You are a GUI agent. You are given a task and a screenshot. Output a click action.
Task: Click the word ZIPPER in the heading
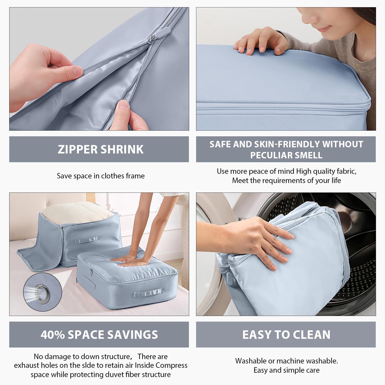click(x=77, y=149)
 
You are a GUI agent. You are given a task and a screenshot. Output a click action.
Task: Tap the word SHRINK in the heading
click(x=122, y=149)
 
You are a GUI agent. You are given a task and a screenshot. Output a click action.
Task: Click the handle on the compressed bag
click(x=149, y=292)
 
